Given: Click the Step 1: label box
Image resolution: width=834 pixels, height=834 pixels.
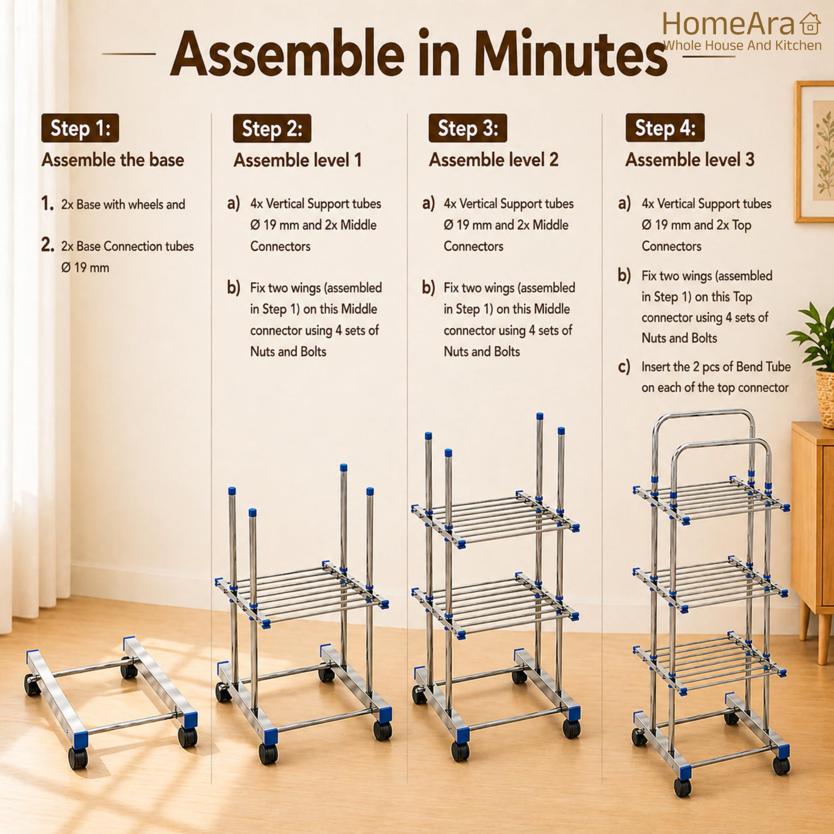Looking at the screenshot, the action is (80, 128).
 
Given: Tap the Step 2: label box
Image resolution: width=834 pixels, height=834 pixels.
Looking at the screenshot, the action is (272, 128).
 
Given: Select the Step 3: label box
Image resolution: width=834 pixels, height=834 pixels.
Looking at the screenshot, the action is (468, 128).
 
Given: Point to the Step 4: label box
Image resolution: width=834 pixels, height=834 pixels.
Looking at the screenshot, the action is (665, 128).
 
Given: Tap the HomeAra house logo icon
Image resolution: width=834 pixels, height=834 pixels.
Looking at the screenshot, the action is (810, 24).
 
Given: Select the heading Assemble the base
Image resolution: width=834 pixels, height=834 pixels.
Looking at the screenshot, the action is (113, 160).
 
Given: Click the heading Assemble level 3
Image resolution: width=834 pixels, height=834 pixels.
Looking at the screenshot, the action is (690, 160).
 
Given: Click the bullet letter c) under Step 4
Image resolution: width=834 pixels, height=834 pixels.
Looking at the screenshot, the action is (624, 367).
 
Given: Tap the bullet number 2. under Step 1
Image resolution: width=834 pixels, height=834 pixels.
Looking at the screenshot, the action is (48, 245).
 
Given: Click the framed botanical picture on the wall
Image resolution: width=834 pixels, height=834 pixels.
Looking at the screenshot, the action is (815, 152).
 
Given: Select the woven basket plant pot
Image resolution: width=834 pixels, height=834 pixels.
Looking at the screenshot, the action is (825, 398).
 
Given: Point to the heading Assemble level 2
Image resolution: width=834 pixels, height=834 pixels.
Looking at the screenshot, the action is (493, 160).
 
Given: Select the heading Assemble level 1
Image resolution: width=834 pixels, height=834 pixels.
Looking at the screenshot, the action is (297, 160).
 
